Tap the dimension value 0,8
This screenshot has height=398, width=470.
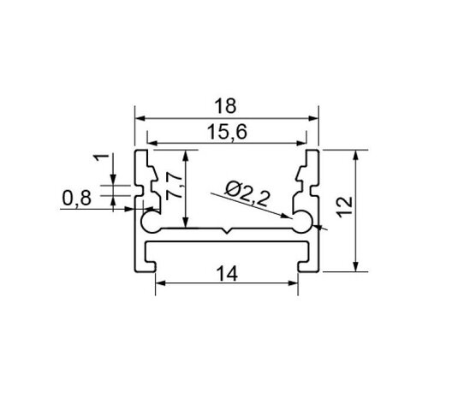75,199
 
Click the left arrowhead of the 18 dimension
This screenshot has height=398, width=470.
140,118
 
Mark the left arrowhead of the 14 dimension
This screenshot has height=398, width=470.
161,285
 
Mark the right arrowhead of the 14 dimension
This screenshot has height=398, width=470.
294,285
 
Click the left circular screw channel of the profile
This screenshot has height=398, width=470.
149,223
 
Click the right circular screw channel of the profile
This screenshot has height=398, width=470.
305,223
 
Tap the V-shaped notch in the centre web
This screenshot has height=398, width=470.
227,232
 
